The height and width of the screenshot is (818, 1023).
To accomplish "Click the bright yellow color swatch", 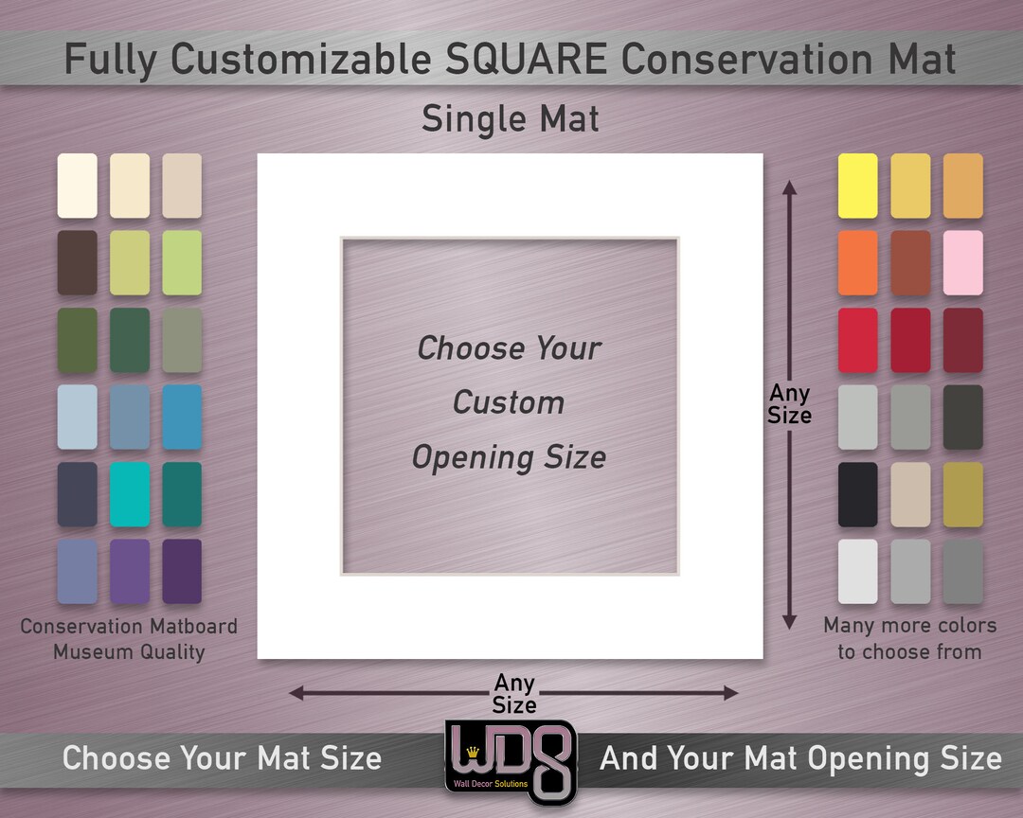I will tap(857, 186).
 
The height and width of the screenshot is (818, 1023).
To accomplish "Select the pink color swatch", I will tap(962, 262).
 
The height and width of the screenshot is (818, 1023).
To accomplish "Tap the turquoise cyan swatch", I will tap(129, 493).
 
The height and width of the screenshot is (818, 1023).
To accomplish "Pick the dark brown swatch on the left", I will tap(77, 262).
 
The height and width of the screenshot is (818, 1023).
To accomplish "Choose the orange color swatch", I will tap(857, 262).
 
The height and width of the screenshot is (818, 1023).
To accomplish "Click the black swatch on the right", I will tap(857, 493).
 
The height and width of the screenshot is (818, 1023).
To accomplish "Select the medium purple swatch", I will tap(129, 571).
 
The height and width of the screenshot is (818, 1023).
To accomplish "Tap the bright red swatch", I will tap(857, 340).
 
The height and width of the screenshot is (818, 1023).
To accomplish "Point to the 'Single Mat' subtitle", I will tap(511, 119).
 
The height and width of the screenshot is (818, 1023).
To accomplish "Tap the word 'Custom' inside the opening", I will tap(509, 402).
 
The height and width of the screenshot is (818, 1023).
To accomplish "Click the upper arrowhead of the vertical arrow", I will tap(789, 188).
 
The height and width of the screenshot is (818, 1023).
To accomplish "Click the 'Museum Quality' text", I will tap(129, 651).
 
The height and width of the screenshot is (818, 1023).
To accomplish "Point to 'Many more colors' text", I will tap(909, 626).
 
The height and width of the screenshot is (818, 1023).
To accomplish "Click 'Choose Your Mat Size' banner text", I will tap(222, 758).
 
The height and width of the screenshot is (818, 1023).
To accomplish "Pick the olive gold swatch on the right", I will tap(962, 493).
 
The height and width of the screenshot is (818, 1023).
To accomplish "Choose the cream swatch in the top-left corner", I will tap(77, 186).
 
